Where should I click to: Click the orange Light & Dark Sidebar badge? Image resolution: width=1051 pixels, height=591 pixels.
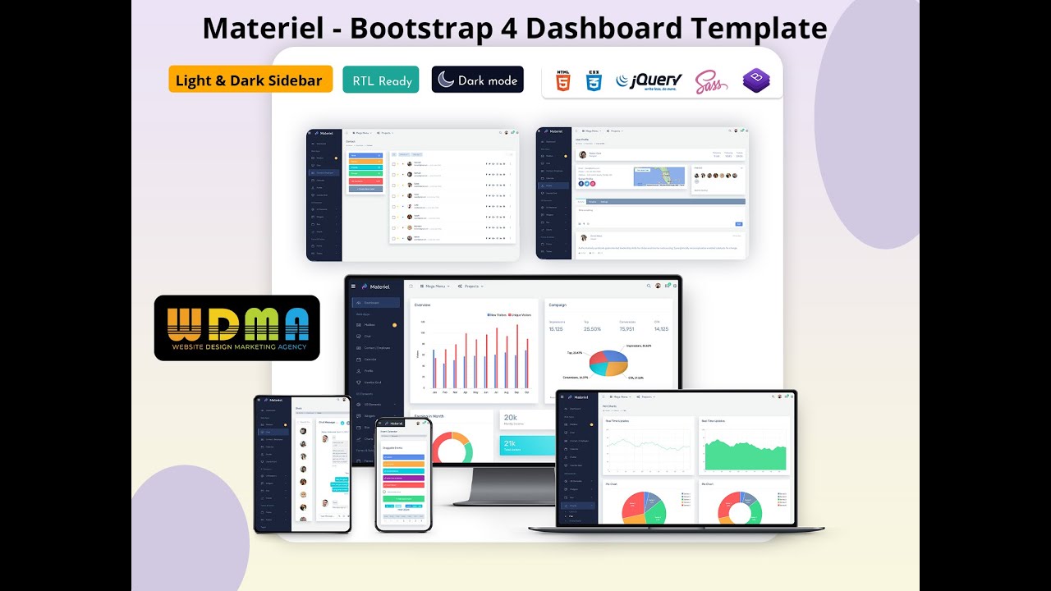(x=250, y=80)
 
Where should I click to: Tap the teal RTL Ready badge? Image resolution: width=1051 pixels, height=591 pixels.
(x=381, y=80)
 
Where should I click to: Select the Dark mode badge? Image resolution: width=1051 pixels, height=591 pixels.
(x=477, y=80)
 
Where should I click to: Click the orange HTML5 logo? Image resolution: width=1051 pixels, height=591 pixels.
(x=563, y=80)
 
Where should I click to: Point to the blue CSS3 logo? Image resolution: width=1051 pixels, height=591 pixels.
(x=593, y=80)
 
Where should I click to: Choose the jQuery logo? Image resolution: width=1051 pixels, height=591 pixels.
(x=649, y=80)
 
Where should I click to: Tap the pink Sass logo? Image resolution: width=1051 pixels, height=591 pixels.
(x=711, y=80)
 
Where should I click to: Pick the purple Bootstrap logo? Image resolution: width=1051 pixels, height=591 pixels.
(x=756, y=80)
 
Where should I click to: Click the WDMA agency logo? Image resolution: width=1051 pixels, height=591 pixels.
(x=236, y=328)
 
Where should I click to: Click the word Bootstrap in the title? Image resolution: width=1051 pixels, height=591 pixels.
(x=418, y=29)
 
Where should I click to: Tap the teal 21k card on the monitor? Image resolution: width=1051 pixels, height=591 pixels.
(x=527, y=446)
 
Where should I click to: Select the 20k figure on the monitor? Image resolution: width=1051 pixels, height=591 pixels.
(x=511, y=418)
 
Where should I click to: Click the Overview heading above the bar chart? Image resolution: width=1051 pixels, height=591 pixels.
(x=422, y=305)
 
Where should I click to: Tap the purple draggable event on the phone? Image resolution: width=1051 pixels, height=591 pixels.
(x=403, y=477)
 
